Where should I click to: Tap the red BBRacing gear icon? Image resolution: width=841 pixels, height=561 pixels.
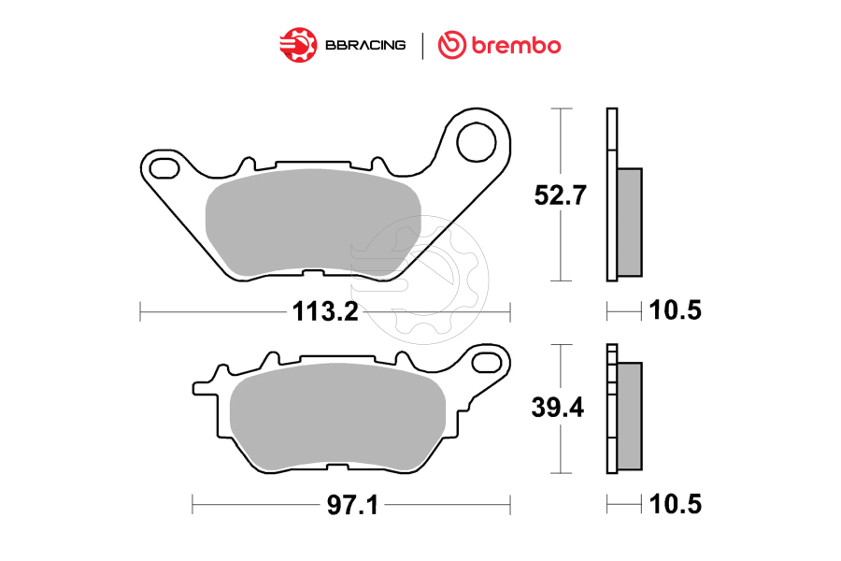tap(296, 44)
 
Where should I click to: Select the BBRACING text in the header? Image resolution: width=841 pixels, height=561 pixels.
tap(364, 45)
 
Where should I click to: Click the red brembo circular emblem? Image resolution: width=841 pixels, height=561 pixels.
tap(452, 44)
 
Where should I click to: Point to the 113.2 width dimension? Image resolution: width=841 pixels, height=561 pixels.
tap(325, 311)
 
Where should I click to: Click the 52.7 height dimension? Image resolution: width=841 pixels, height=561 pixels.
tap(558, 195)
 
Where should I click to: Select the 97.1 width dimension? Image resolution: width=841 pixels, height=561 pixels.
tap(351, 506)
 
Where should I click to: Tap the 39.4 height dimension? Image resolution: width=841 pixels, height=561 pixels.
tap(558, 409)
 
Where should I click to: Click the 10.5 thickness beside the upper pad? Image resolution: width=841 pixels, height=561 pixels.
tap(675, 311)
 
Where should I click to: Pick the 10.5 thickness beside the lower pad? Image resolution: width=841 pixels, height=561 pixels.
tap(675, 506)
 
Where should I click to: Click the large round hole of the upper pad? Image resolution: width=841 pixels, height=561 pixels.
tap(476, 142)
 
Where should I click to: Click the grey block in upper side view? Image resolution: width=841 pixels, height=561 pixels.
tap(630, 222)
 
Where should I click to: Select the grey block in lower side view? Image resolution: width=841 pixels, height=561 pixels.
tap(630, 415)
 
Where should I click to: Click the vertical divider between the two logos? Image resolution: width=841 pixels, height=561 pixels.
tap(422, 45)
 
